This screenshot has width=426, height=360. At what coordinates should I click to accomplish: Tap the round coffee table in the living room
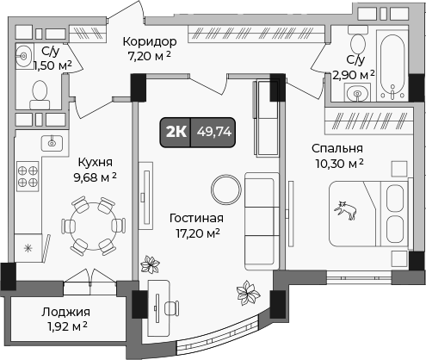click(226, 187)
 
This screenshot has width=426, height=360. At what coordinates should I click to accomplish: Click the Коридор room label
click(149, 41)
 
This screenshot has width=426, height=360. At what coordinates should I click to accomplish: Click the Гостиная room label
click(195, 218)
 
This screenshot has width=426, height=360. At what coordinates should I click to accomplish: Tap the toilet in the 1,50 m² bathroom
click(38, 90)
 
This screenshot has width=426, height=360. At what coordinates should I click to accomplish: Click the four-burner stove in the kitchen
click(28, 177)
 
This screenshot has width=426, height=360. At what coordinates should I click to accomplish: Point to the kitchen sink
click(52, 142)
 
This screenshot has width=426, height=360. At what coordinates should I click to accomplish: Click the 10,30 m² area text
click(337, 163)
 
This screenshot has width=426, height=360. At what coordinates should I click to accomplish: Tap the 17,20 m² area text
click(197, 233)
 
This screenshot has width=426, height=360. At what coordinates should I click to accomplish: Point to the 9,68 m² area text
click(95, 177)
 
